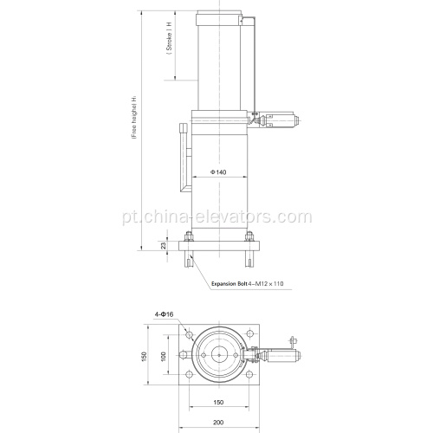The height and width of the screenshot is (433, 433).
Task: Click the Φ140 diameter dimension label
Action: [217, 172]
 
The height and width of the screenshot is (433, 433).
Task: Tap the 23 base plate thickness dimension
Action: [163, 247]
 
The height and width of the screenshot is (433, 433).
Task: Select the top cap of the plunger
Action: [216, 15]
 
